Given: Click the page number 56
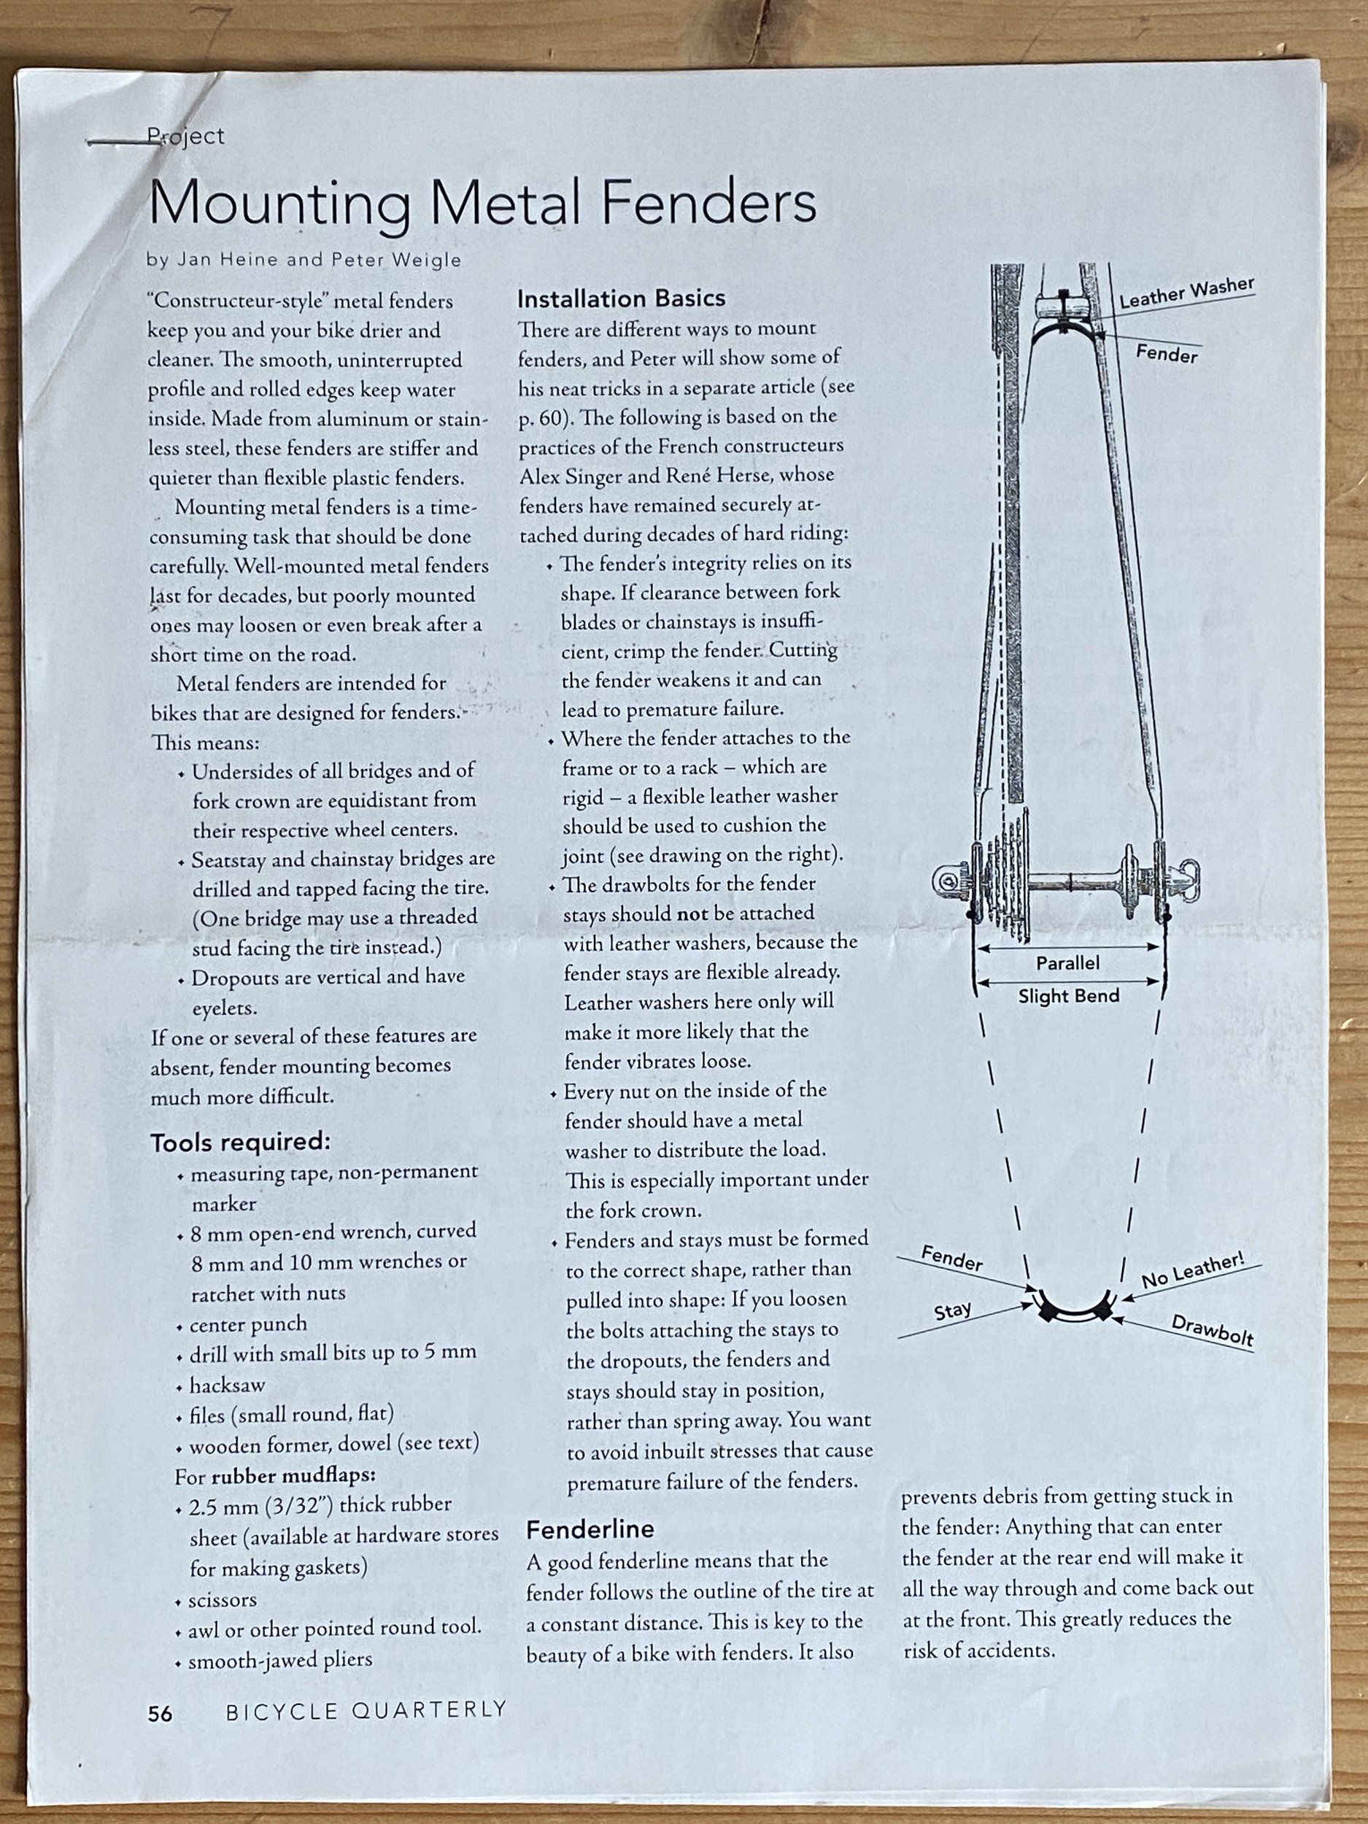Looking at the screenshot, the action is tap(160, 1714).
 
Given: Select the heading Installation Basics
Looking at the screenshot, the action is tap(621, 298).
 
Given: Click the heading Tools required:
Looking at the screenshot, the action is tap(240, 1142).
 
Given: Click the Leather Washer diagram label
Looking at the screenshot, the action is tap(1186, 293).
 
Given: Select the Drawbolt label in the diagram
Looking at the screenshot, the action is tap(1212, 1330).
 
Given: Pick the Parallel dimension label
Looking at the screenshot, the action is tap(1068, 963).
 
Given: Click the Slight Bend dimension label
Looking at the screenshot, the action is tap(1069, 996).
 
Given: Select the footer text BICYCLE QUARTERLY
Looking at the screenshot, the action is tap(366, 1710).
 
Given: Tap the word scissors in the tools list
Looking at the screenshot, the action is tap(223, 1601).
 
